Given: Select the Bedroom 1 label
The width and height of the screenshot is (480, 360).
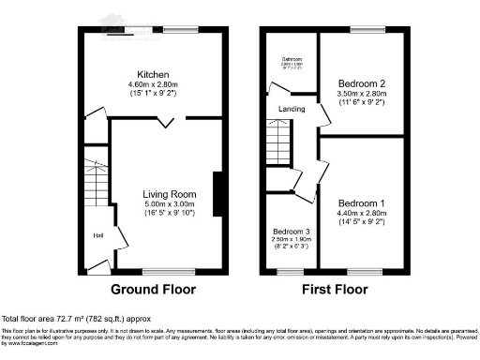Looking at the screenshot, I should coord(361,203).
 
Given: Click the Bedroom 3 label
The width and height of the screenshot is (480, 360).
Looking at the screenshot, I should coord(291,231).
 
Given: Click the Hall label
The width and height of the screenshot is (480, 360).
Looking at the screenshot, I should coord(97,235).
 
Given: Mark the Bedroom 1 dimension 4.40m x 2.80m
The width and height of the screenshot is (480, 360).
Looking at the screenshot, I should coord(361,214).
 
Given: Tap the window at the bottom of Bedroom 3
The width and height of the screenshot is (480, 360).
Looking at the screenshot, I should coord(292,273).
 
